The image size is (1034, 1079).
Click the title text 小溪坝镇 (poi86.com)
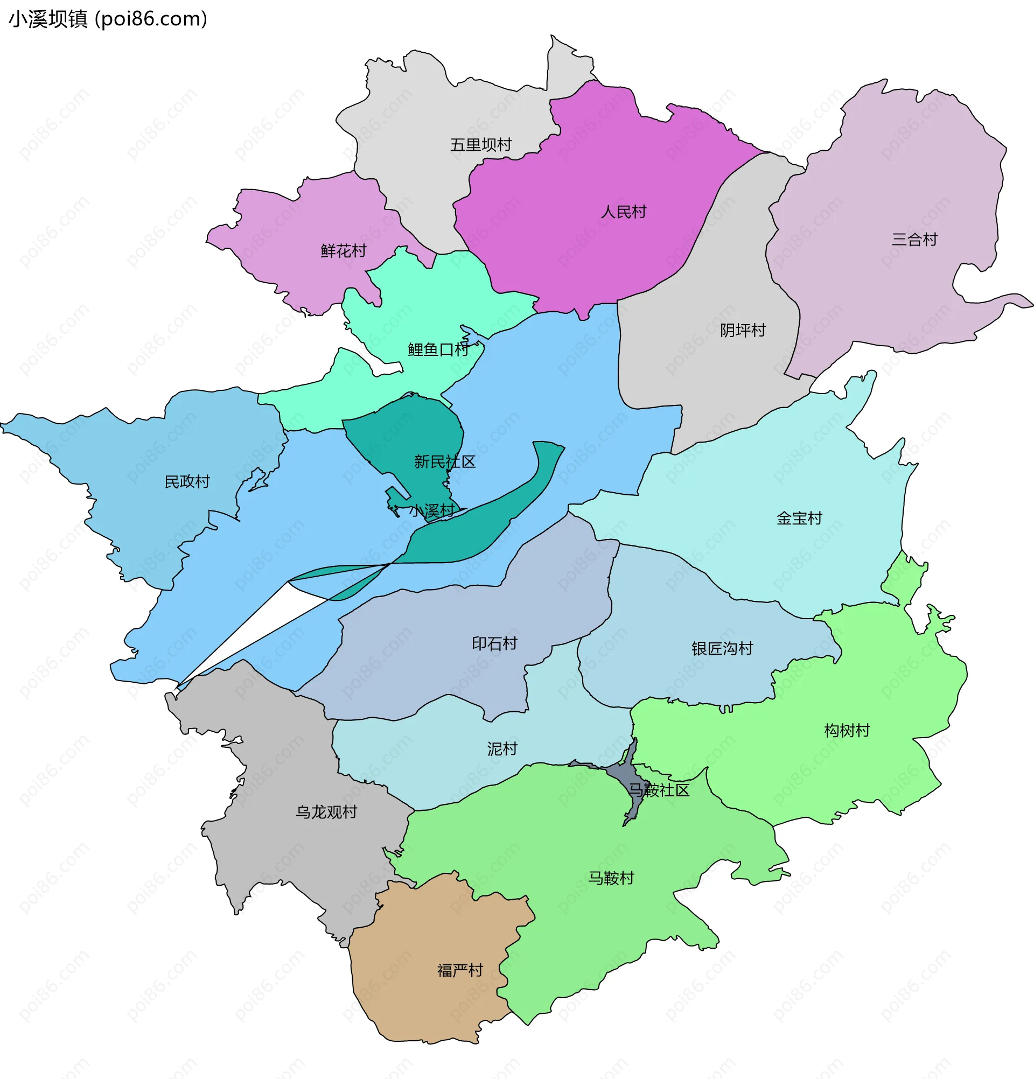(108, 19)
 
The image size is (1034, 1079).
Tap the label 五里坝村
(481, 145)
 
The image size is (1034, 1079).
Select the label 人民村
(623, 212)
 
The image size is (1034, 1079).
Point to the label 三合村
(914, 240)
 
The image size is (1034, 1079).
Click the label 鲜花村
(343, 251)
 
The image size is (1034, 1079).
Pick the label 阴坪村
(743, 330)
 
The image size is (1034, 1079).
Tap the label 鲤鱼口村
(438, 349)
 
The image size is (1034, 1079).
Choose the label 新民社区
(444, 461)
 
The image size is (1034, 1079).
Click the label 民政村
(187, 482)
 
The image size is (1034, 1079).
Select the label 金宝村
(799, 518)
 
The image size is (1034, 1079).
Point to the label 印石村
(494, 643)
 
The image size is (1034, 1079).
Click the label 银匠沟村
(722, 648)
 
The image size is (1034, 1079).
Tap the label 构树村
(847, 731)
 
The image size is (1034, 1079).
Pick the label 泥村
(502, 749)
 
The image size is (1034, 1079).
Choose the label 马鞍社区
(659, 790)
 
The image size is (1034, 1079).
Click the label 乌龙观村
(326, 812)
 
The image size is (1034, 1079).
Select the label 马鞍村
(611, 878)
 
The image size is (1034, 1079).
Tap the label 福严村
(460, 970)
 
